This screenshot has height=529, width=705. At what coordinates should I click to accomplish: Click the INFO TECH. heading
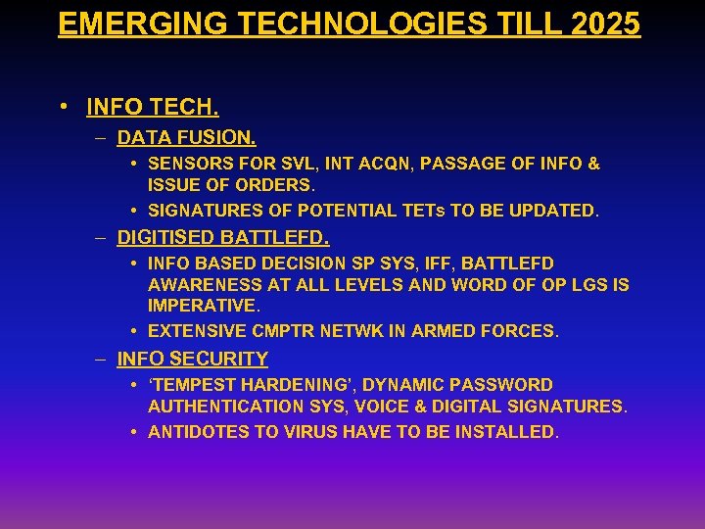pos(153,105)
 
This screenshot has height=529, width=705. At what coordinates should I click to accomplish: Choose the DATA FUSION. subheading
pos(187,138)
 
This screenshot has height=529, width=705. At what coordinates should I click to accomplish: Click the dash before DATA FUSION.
pos(101,138)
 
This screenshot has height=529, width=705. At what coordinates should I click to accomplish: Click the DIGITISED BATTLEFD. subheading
pos(223,237)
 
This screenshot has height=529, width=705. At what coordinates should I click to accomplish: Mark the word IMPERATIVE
pos(204,306)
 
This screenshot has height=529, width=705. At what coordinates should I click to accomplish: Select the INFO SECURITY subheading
pos(193,359)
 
